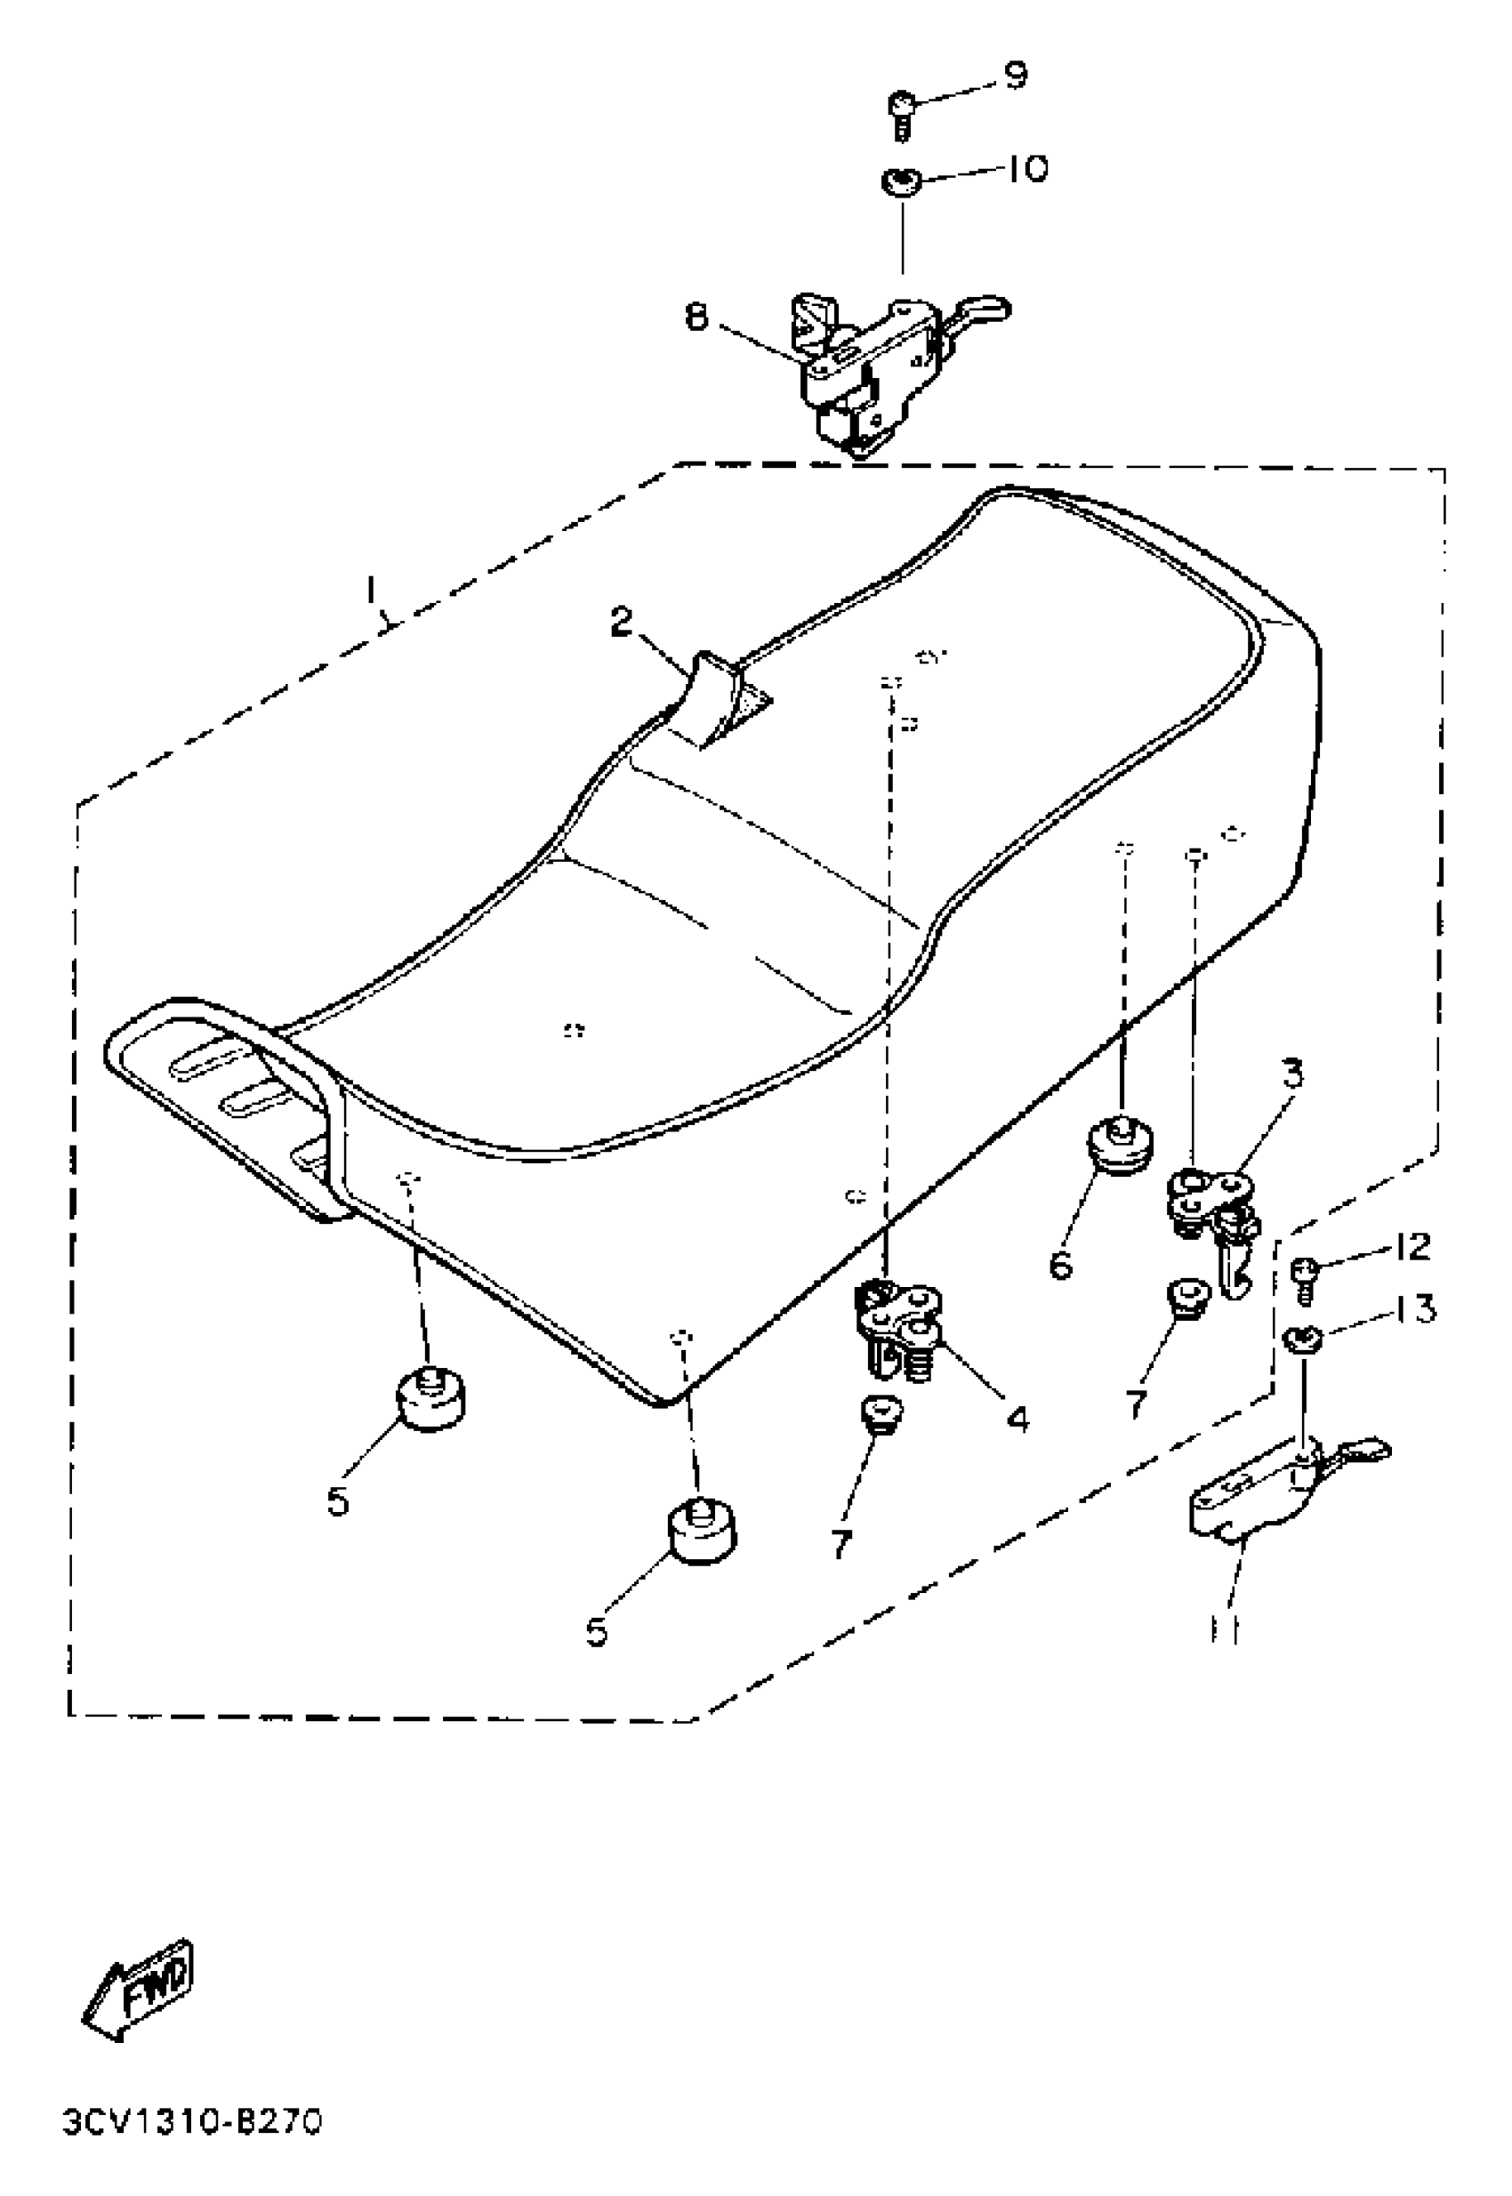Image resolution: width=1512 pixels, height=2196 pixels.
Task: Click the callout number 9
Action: click(x=1016, y=75)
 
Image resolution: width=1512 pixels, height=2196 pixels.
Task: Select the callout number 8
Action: click(x=696, y=318)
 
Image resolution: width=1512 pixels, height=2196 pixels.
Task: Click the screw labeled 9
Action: click(x=901, y=114)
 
